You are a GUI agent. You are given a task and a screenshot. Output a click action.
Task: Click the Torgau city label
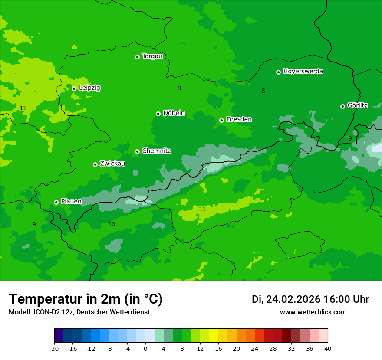click(152, 56)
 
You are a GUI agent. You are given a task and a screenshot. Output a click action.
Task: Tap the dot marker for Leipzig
click(74, 88)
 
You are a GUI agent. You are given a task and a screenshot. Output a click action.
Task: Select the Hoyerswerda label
click(303, 72)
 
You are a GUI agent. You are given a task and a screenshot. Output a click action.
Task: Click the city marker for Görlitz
click(342, 106)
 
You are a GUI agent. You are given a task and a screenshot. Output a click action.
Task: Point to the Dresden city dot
click(221, 120)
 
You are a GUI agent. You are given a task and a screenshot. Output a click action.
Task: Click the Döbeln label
click(174, 113)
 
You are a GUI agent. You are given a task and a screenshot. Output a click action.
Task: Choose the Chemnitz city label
click(156, 151)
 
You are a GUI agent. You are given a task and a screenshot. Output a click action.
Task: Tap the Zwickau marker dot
click(95, 164)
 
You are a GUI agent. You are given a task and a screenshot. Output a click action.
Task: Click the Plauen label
click(71, 202)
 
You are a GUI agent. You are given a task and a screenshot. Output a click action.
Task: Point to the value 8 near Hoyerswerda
click(263, 91)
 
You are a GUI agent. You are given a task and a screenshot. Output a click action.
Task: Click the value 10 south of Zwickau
click(112, 224)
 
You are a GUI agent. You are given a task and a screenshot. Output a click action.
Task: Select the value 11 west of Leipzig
click(23, 108)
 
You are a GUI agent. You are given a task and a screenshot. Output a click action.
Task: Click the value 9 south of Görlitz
click(350, 138)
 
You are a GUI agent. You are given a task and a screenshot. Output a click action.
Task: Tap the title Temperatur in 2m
click(86, 299)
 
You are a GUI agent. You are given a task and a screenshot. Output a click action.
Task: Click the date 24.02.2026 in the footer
click(293, 299)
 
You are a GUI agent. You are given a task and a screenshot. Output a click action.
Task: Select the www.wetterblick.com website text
click(313, 312)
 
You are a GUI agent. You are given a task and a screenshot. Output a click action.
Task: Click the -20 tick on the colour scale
click(54, 348)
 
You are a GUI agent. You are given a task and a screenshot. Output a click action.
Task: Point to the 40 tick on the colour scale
click(327, 348)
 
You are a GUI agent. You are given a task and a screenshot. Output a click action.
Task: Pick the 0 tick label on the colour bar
click(145, 348)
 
